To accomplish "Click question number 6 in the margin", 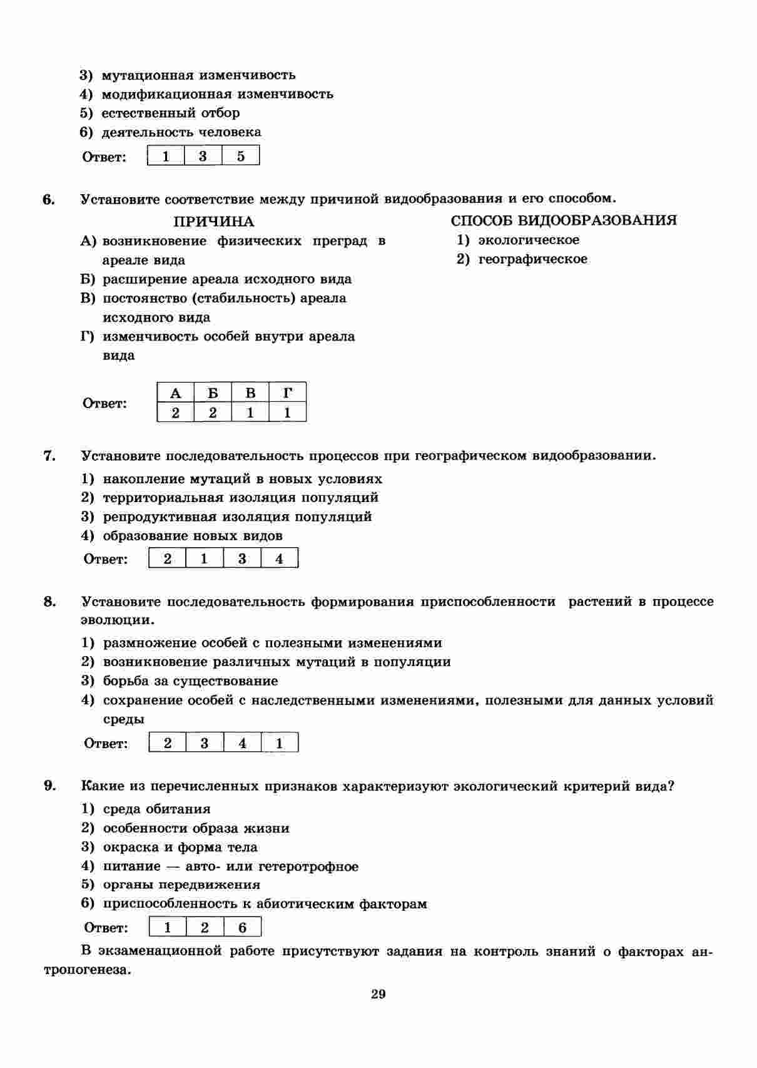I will point(49,200).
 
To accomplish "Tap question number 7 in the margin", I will point(49,456).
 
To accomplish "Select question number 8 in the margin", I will point(49,602).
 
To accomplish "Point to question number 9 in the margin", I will point(49,786).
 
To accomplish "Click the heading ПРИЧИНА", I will point(213,222).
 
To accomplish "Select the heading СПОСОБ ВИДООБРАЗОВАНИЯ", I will point(564,220).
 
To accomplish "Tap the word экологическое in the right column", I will point(529,240).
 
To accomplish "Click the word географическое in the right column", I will point(532,259).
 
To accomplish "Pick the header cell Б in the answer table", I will point(213,393).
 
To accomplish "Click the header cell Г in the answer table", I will point(288,393).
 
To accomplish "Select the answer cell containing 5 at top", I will point(241,156).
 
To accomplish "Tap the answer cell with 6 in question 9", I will point(243,927).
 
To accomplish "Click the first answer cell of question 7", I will point(167,558).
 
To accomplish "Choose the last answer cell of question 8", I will point(280,743).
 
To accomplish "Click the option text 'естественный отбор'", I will point(170,113).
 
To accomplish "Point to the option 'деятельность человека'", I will point(181,132).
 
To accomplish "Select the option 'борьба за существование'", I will point(190,681).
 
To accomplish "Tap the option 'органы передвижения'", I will point(181,885).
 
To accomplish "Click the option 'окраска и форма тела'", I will point(180,847).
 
